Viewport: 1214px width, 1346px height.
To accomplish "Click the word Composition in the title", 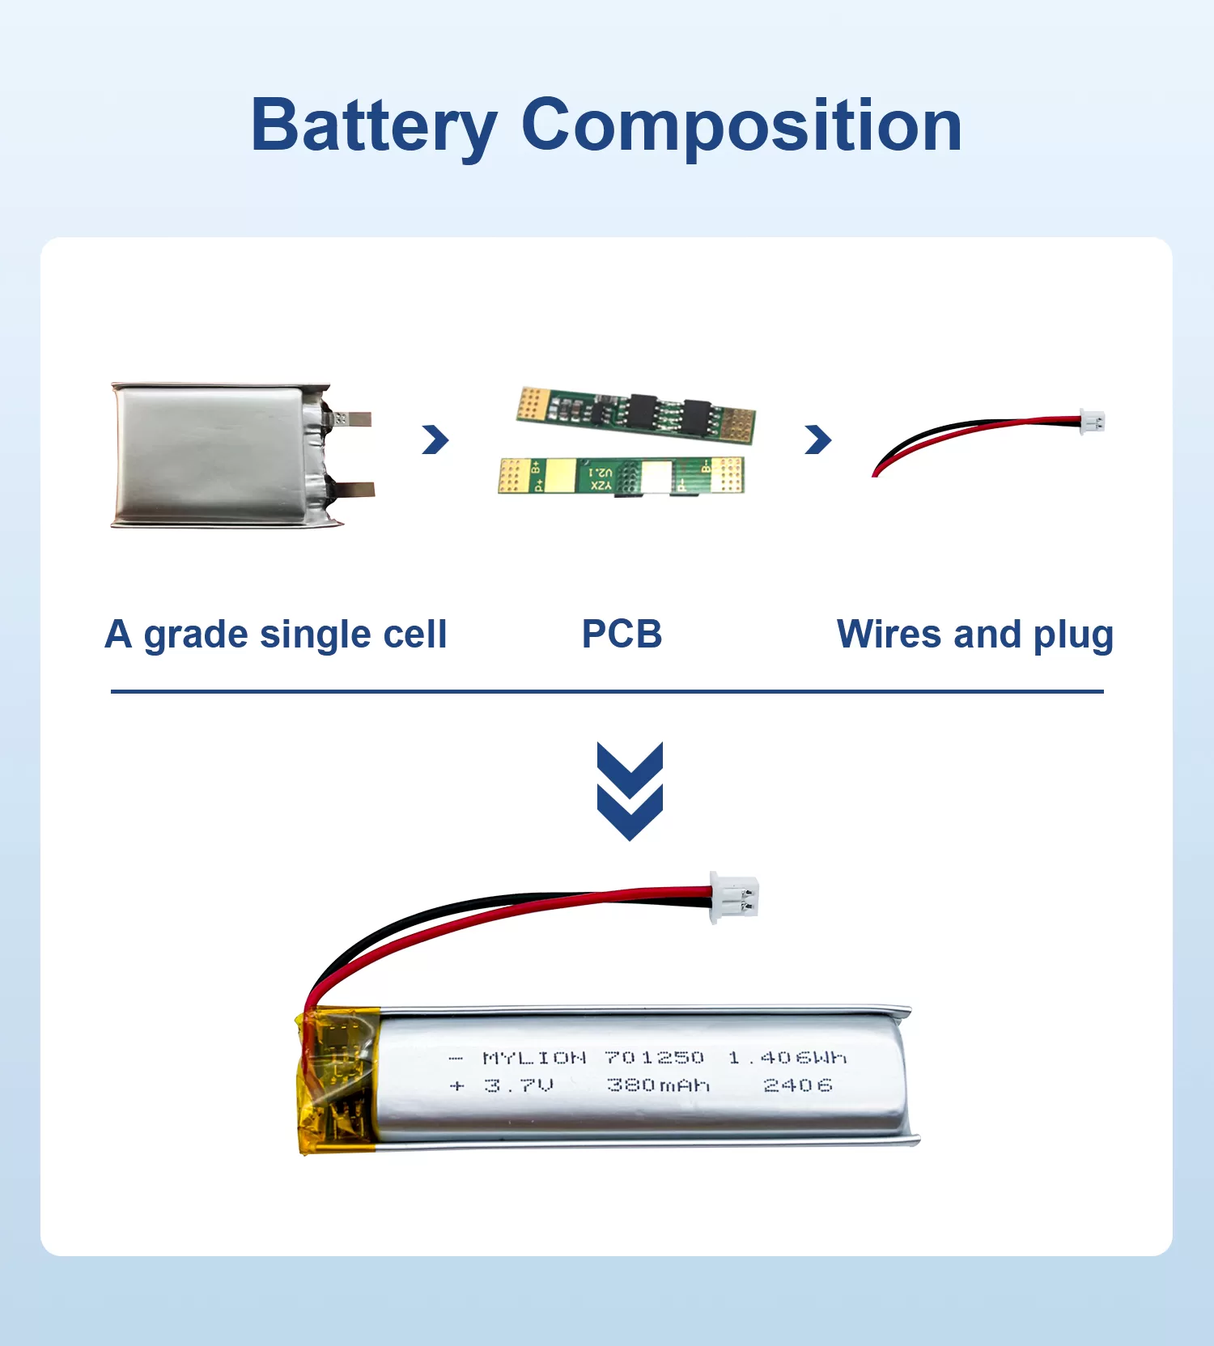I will (742, 126).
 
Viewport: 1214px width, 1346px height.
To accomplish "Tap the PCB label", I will (622, 635).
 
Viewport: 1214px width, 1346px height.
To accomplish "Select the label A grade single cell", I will (276, 635).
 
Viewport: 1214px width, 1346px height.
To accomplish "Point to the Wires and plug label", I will (974, 635).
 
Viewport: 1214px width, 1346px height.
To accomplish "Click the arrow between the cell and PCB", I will (435, 439).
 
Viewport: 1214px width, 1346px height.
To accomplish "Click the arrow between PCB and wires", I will (818, 439).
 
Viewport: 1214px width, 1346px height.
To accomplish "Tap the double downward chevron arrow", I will (630, 791).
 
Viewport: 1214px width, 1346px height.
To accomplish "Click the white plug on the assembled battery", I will (734, 897).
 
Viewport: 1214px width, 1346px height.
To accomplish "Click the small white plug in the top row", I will (1093, 422).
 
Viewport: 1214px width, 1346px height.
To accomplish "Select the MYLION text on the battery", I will (534, 1058).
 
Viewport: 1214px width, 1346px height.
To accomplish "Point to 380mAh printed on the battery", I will (658, 1085).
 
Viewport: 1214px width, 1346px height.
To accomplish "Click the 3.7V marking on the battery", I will (519, 1085).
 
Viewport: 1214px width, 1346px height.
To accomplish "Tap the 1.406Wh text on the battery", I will (787, 1058).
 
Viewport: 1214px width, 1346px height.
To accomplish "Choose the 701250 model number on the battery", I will (654, 1058).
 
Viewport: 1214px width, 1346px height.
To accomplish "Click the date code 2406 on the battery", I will (797, 1085).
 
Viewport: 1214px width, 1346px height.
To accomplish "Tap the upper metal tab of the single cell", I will (351, 418).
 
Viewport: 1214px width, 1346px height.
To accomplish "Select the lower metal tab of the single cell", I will (354, 488).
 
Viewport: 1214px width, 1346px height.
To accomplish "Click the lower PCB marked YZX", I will (621, 476).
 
